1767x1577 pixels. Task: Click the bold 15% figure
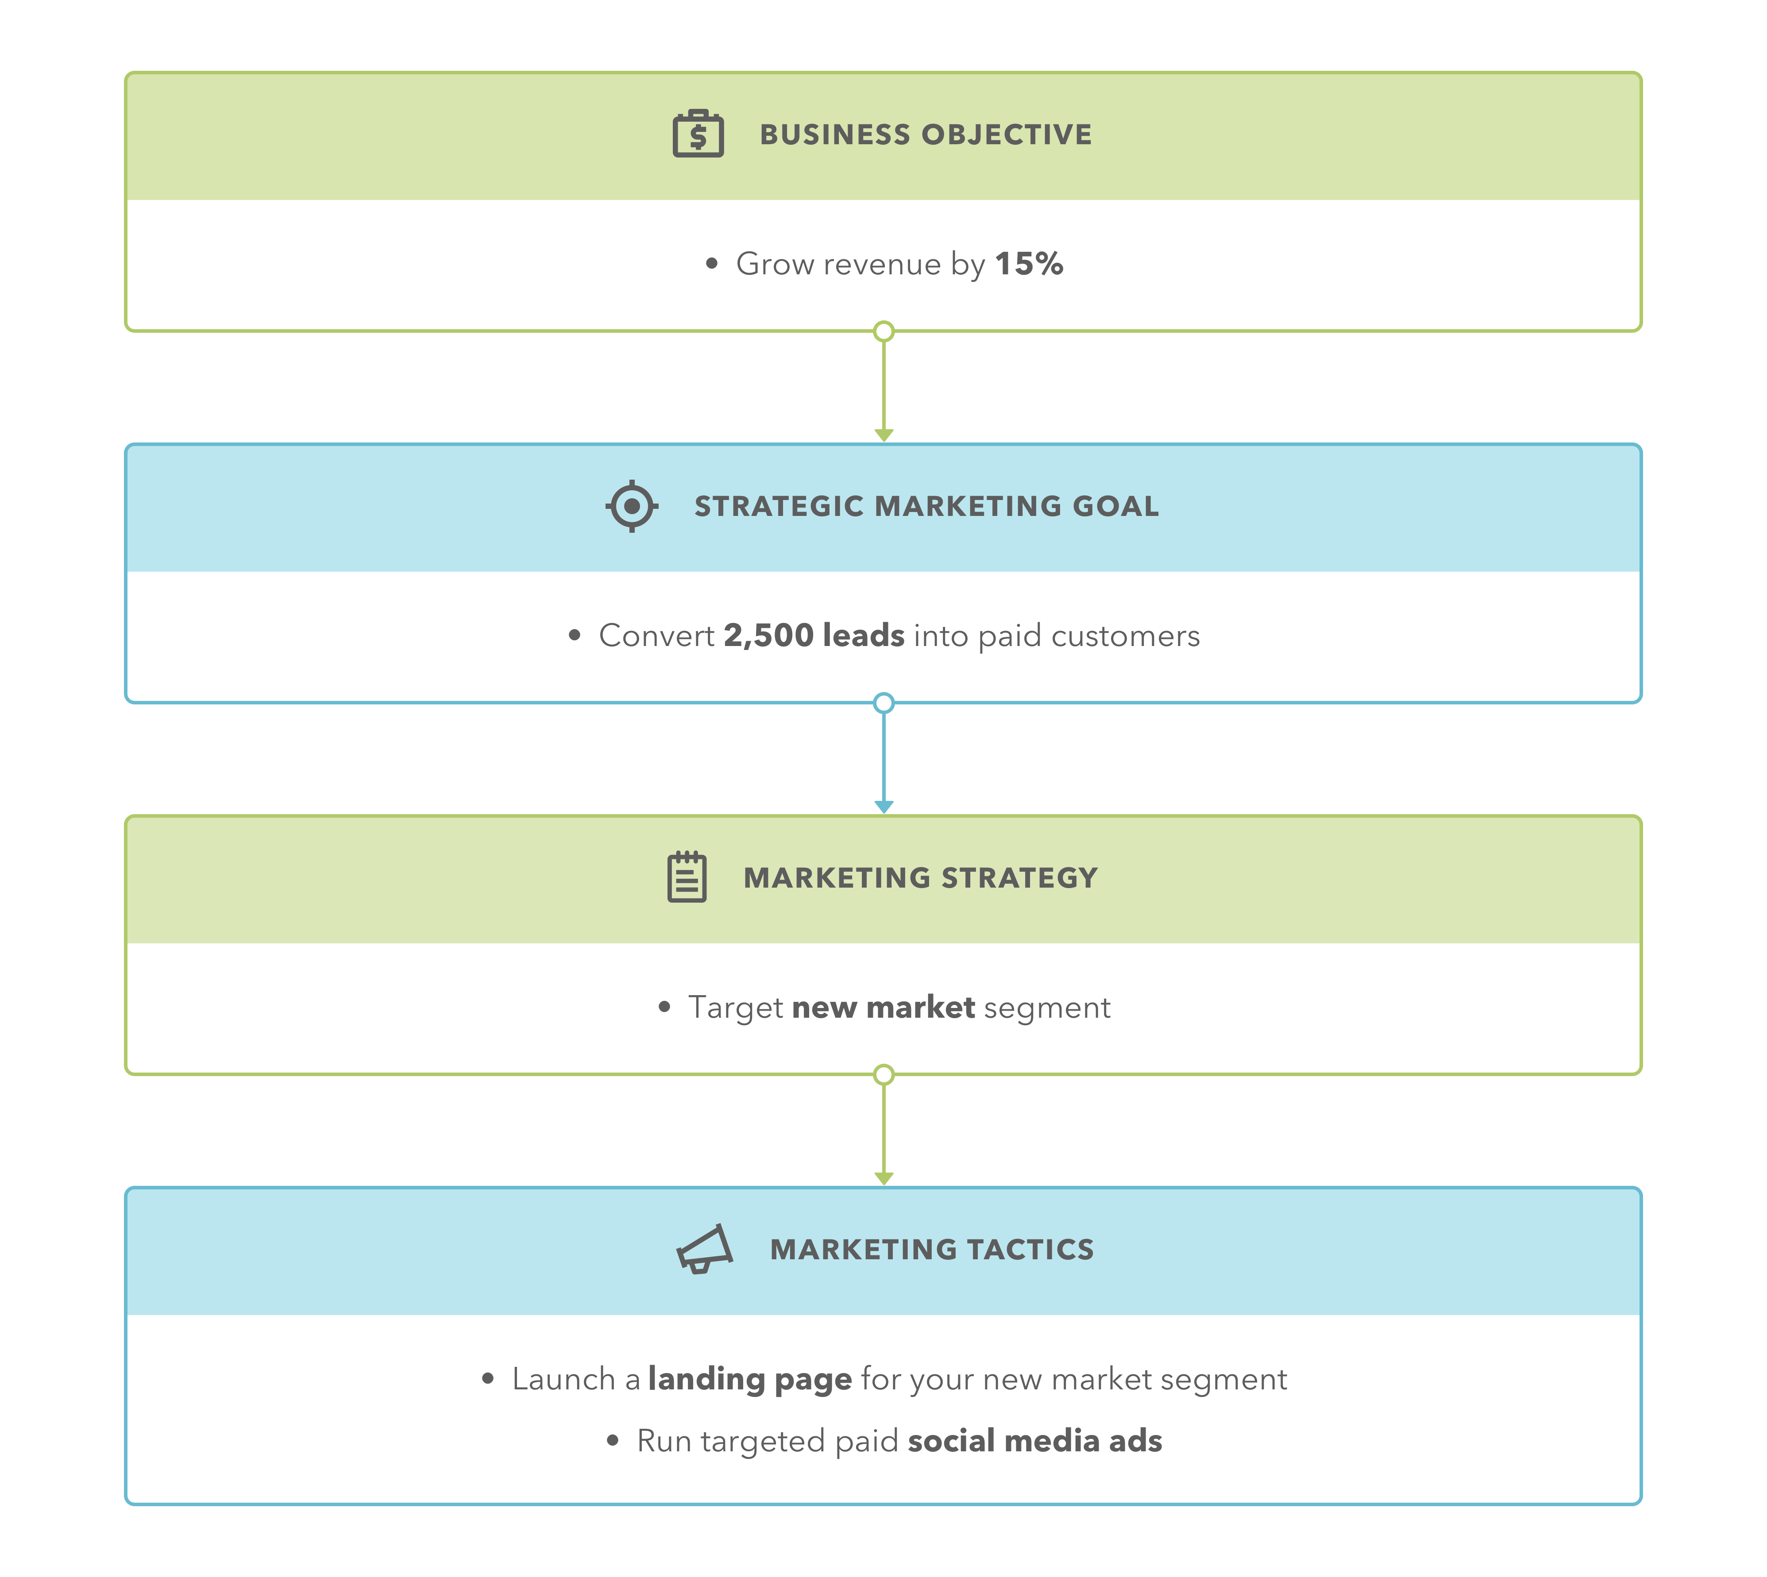point(1029,263)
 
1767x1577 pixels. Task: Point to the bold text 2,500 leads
point(814,635)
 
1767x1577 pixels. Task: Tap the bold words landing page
point(750,1379)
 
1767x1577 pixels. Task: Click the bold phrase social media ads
point(1035,1441)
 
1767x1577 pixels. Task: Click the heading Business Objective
point(926,135)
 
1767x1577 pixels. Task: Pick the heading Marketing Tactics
point(932,1250)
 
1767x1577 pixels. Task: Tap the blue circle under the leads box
point(883,703)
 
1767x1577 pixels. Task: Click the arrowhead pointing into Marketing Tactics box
point(883,1178)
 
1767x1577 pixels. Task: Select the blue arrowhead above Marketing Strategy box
point(883,807)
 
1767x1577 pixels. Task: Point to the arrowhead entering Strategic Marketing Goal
point(883,435)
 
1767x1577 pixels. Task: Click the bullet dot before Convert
point(574,635)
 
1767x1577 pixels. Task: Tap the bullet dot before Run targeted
point(613,1441)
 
